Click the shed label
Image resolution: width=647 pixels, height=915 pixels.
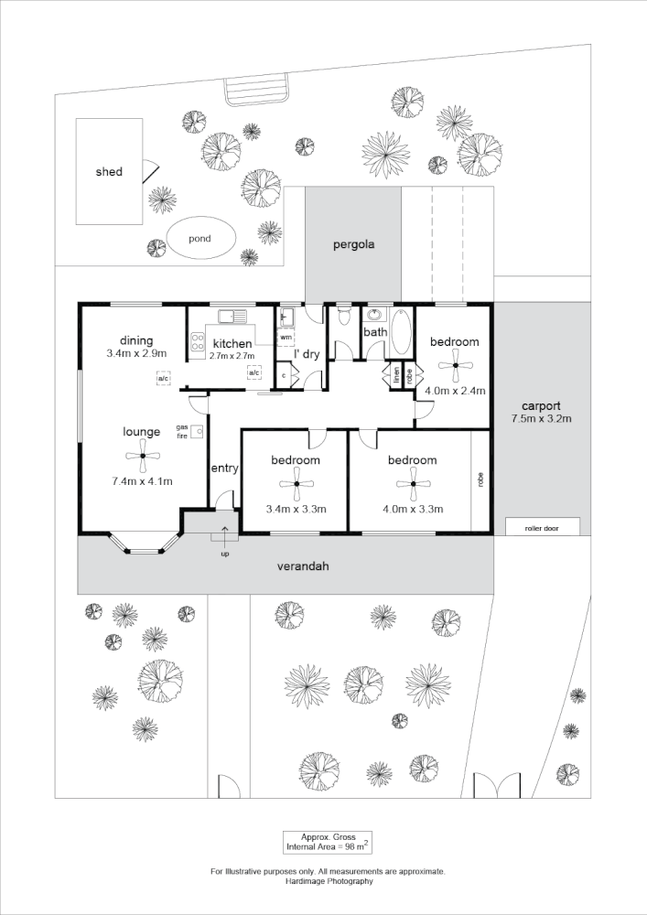109,172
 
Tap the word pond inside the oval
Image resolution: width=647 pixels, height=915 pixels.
199,239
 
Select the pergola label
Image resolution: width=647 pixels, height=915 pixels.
352,245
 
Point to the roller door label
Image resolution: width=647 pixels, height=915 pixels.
542,528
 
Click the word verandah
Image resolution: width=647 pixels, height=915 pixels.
302,566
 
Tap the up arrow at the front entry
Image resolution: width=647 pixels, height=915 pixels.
225,536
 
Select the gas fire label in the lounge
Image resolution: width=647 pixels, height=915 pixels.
182,431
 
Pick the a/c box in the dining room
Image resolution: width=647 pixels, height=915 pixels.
163,378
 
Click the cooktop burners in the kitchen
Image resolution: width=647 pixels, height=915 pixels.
197,343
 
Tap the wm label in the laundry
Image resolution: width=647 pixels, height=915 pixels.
286,338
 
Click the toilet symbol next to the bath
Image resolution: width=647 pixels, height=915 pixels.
343,317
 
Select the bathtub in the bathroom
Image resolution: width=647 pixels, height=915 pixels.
402,338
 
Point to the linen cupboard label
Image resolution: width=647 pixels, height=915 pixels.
397,374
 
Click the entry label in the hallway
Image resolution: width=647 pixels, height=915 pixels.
224,468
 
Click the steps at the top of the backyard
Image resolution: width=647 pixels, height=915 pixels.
258,91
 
